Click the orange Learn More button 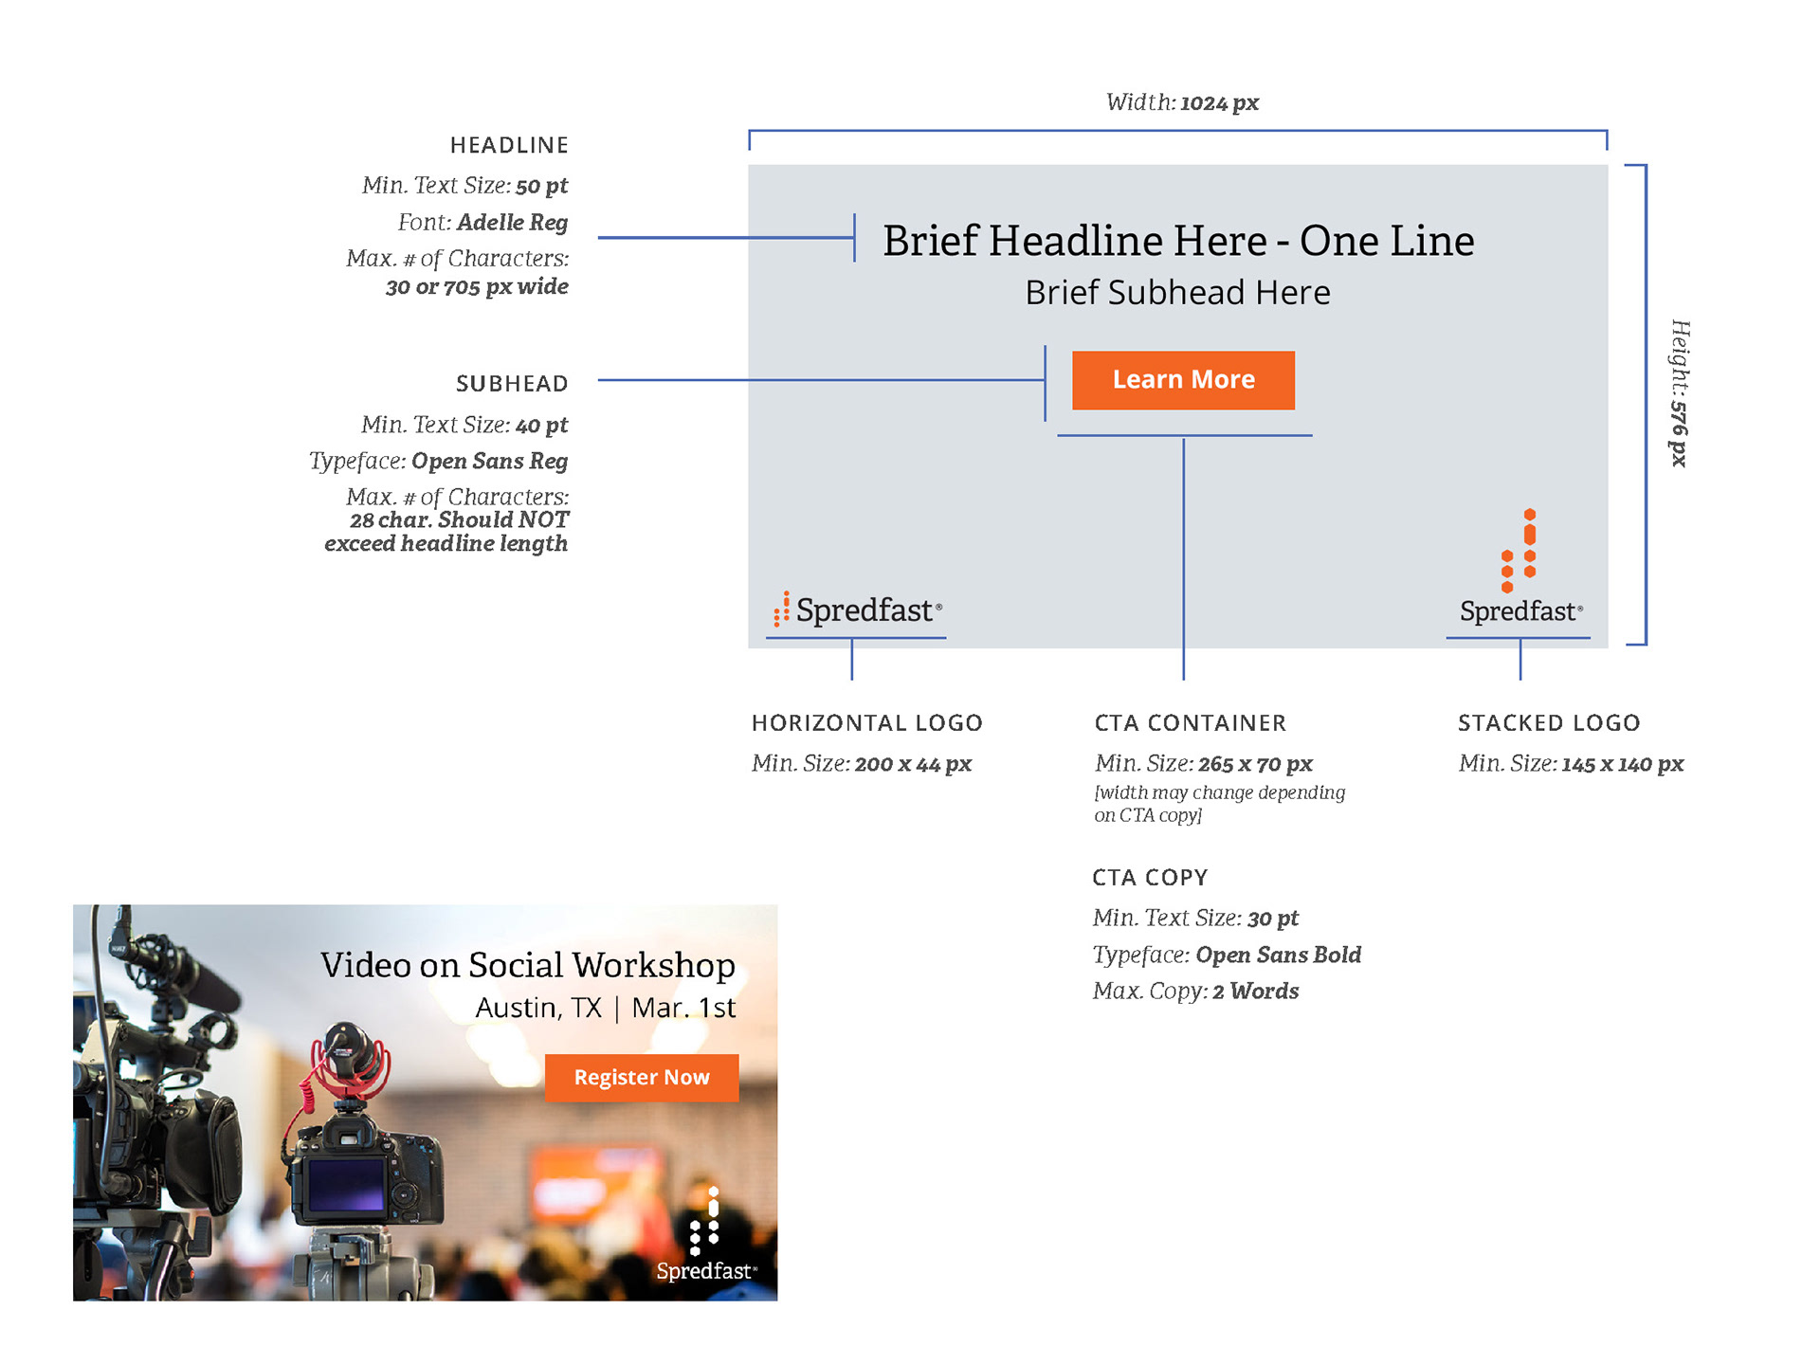[x=1183, y=380]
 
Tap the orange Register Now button [x=642, y=1078]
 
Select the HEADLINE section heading [x=509, y=145]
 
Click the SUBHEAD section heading [x=512, y=384]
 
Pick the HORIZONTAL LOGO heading [x=866, y=723]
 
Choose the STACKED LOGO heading [x=1548, y=723]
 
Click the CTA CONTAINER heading [x=1190, y=723]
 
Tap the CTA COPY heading [x=1150, y=878]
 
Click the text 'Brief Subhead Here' [x=1177, y=293]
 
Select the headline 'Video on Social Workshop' [x=528, y=965]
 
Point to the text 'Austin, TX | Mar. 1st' [x=605, y=1008]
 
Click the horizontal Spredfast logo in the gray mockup [x=858, y=610]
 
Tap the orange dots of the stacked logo [x=1519, y=551]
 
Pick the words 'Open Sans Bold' [x=1278, y=955]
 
